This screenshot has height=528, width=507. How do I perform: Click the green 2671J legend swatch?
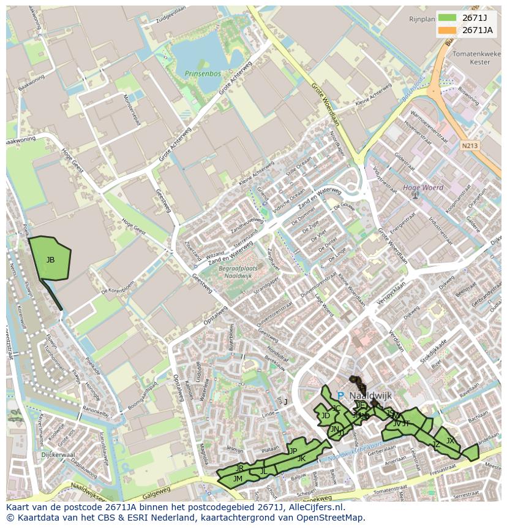point(448,18)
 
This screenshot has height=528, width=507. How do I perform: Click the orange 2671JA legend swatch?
point(448,30)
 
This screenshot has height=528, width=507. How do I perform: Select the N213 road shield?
point(469,146)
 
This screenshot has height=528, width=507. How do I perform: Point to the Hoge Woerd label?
point(423,188)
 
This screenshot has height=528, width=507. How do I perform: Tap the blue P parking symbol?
point(340,396)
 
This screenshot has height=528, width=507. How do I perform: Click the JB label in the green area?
point(50,260)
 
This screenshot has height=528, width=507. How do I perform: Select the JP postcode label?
point(293,451)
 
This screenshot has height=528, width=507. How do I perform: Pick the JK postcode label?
point(301,458)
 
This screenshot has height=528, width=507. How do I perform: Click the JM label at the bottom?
point(238,478)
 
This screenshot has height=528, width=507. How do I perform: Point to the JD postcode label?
point(325,416)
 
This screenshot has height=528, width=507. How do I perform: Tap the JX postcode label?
point(450,440)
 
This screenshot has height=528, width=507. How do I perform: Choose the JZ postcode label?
point(436,445)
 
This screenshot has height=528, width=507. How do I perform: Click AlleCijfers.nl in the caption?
point(315,508)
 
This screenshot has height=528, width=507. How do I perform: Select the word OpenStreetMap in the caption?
point(333,518)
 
